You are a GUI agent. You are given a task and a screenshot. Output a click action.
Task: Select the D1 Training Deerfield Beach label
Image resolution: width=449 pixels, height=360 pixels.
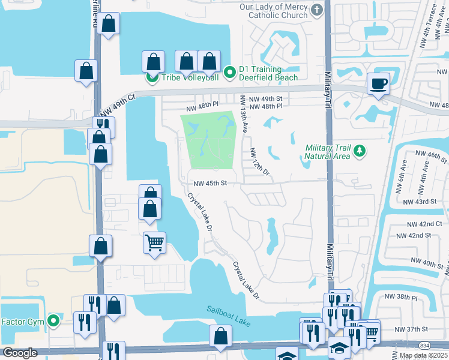pyautogui.click(x=268, y=73)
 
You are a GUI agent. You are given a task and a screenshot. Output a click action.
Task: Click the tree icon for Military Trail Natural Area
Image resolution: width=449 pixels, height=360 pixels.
pyautogui.click(x=360, y=150)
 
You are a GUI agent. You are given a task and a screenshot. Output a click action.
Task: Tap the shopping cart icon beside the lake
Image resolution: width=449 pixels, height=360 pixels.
pyautogui.click(x=154, y=242)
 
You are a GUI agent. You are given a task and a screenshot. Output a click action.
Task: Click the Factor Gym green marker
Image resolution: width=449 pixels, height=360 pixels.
pyautogui.click(x=53, y=322)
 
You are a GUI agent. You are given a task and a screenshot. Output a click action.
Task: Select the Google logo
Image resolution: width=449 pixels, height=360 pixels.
pyautogui.click(x=19, y=353)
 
